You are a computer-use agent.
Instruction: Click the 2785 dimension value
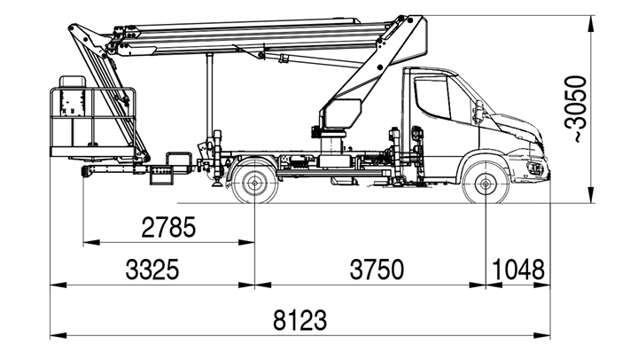[x=168, y=227]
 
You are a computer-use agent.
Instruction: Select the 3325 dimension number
[x=152, y=270]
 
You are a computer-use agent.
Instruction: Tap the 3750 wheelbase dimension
[x=377, y=270]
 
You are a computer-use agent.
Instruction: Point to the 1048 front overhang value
[x=518, y=270]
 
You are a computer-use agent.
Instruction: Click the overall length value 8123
[x=300, y=320]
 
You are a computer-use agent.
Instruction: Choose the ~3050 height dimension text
[x=575, y=108]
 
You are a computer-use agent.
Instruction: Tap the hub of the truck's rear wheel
[x=254, y=184]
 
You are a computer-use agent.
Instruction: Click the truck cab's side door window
[x=432, y=98]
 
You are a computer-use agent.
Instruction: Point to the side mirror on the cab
[x=478, y=112]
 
